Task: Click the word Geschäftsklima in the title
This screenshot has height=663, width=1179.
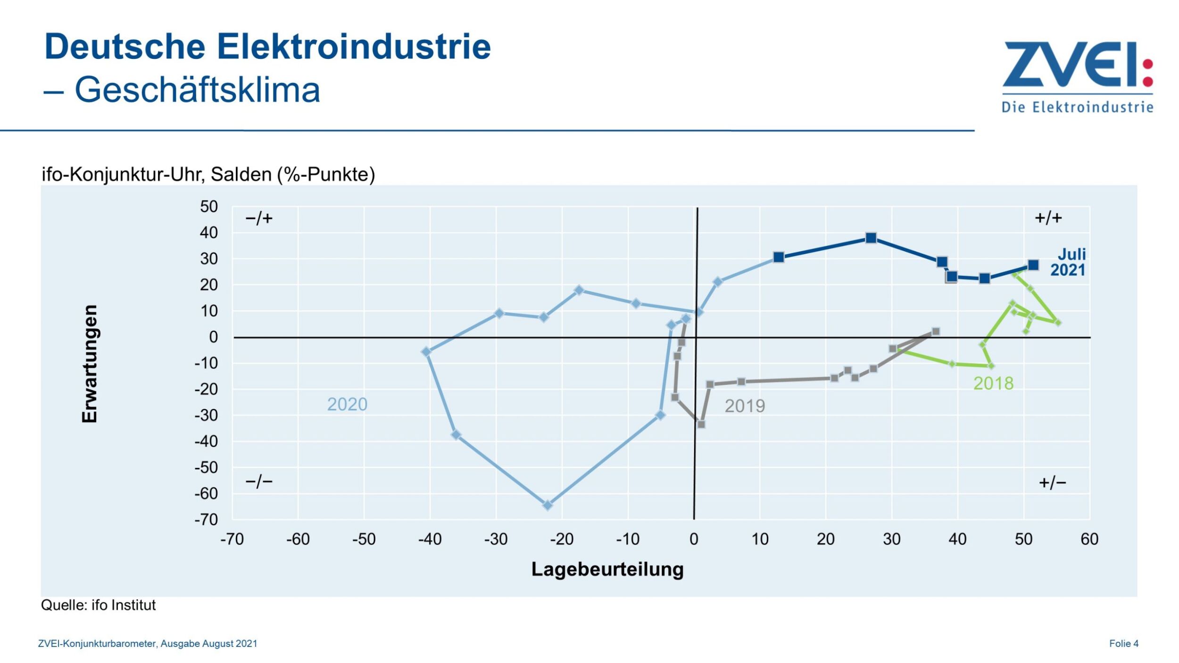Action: pos(197,90)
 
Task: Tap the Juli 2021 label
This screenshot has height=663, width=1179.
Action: pos(1068,262)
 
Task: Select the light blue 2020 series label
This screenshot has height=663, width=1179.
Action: pos(347,405)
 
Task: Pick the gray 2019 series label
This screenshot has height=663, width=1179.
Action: pos(745,406)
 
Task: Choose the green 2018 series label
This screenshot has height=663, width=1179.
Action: pos(993,383)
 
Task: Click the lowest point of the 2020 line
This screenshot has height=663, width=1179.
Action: pos(548,506)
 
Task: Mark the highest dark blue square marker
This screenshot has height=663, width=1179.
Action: pos(871,238)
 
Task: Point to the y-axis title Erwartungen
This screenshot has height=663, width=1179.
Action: pos(90,364)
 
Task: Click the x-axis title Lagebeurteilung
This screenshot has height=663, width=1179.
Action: pos(607,569)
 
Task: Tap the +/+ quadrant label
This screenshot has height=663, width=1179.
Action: pos(1048,218)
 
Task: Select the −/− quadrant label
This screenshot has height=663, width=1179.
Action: pos(259,482)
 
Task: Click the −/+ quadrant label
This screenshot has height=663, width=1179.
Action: pos(259,218)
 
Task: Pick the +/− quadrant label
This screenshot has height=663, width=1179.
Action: pos(1053,482)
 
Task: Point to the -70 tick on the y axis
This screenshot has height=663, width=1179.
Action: pos(206,520)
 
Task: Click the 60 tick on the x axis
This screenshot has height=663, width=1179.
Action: pos(1089,539)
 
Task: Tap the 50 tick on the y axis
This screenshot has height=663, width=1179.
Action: pos(208,207)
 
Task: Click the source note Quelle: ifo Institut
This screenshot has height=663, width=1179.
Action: pos(98,605)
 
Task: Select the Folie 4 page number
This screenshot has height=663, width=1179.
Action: pos(1124,644)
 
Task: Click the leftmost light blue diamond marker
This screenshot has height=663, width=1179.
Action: pos(426,352)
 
